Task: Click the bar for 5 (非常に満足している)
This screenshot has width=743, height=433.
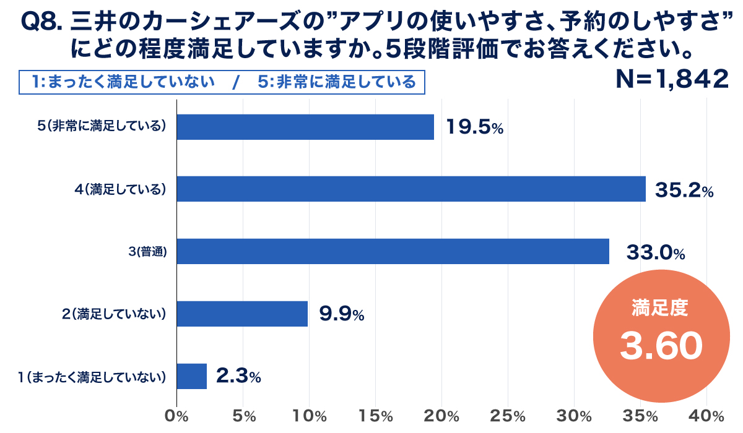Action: pyautogui.click(x=305, y=127)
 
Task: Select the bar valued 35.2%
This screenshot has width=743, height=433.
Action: pyautogui.click(x=411, y=189)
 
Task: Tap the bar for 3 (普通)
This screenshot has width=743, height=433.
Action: pyautogui.click(x=393, y=251)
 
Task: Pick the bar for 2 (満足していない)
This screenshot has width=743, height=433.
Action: pyautogui.click(x=242, y=314)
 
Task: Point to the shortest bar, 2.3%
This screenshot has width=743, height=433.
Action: pyautogui.click(x=192, y=376)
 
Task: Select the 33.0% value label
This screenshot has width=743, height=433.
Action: pyautogui.click(x=655, y=252)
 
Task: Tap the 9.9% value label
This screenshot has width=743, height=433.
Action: pyautogui.click(x=341, y=314)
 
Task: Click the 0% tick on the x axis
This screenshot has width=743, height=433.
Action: pyautogui.click(x=178, y=416)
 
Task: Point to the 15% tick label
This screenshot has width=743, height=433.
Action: pyautogui.click(x=375, y=416)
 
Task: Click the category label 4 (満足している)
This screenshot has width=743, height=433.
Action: pyautogui.click(x=121, y=189)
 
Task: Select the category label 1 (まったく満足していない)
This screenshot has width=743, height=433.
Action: pyautogui.click(x=93, y=376)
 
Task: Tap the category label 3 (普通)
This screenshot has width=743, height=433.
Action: pyautogui.click(x=149, y=252)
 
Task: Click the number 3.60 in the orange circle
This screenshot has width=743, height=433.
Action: pyautogui.click(x=661, y=347)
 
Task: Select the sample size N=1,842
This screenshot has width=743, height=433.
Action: pyautogui.click(x=671, y=79)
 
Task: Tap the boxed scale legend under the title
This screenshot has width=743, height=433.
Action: pyautogui.click(x=222, y=82)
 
